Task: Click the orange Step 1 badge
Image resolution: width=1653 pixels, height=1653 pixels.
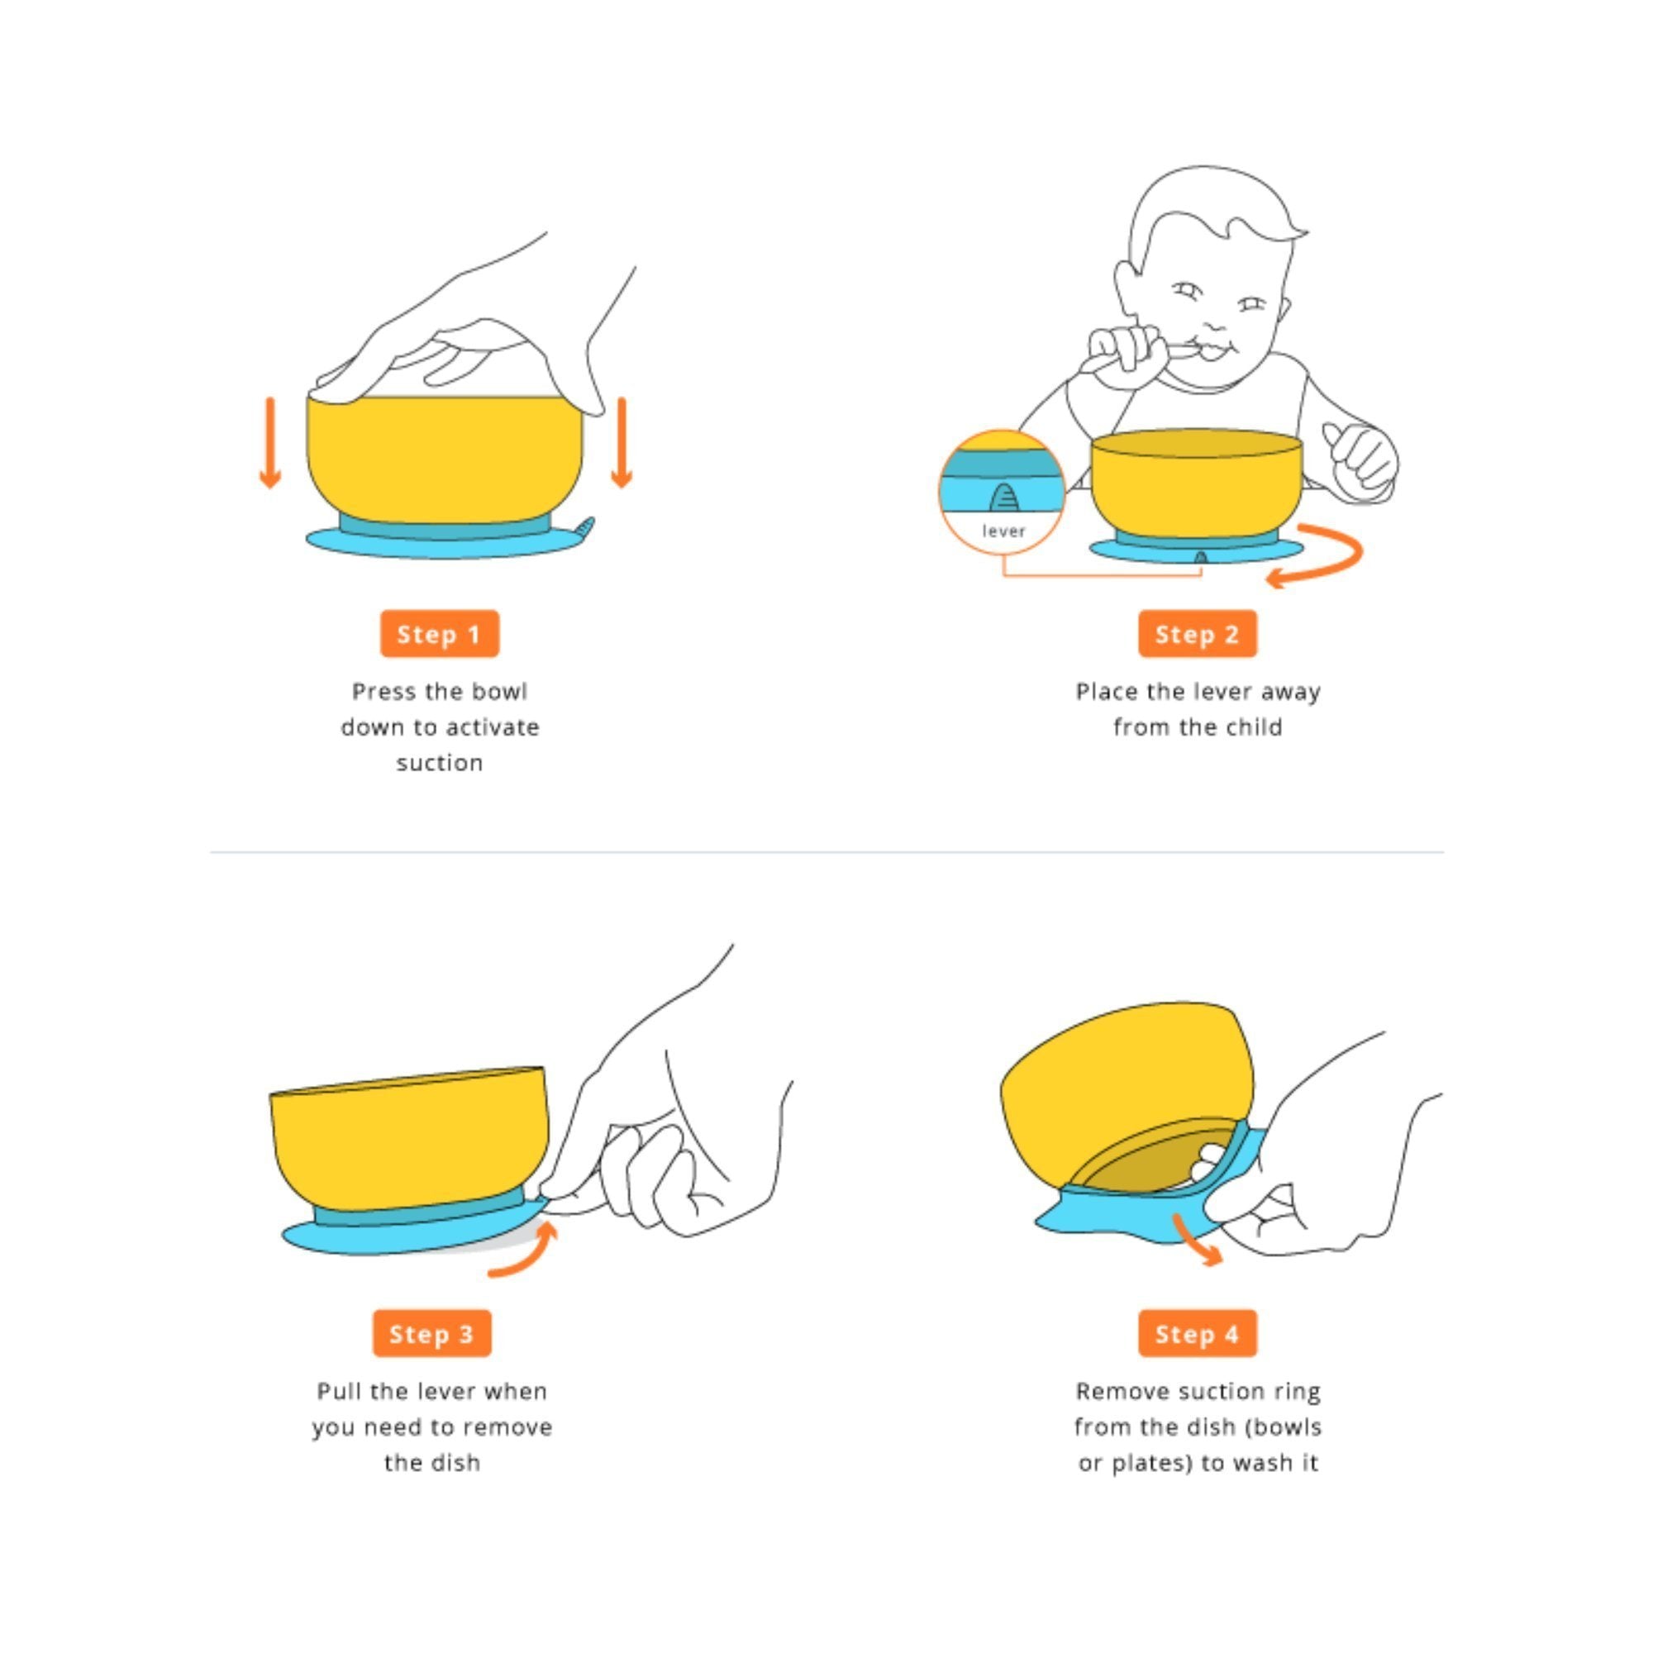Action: (x=440, y=634)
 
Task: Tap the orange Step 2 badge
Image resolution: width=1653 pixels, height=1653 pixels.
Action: (x=1198, y=634)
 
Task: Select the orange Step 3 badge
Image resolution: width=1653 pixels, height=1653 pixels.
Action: (x=432, y=1334)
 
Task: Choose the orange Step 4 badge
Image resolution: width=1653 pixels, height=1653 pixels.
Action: (x=1198, y=1334)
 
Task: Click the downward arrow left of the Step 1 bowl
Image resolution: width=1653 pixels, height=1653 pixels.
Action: (x=270, y=443)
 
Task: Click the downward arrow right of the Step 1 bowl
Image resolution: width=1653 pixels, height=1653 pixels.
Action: (x=622, y=443)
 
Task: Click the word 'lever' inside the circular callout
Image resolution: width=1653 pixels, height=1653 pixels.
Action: (x=1003, y=531)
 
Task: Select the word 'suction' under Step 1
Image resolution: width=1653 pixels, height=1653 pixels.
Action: (x=440, y=763)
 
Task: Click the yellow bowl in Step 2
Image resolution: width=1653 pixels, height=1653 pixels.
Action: (x=1197, y=484)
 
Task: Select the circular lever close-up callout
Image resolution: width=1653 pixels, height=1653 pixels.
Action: (x=1003, y=491)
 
